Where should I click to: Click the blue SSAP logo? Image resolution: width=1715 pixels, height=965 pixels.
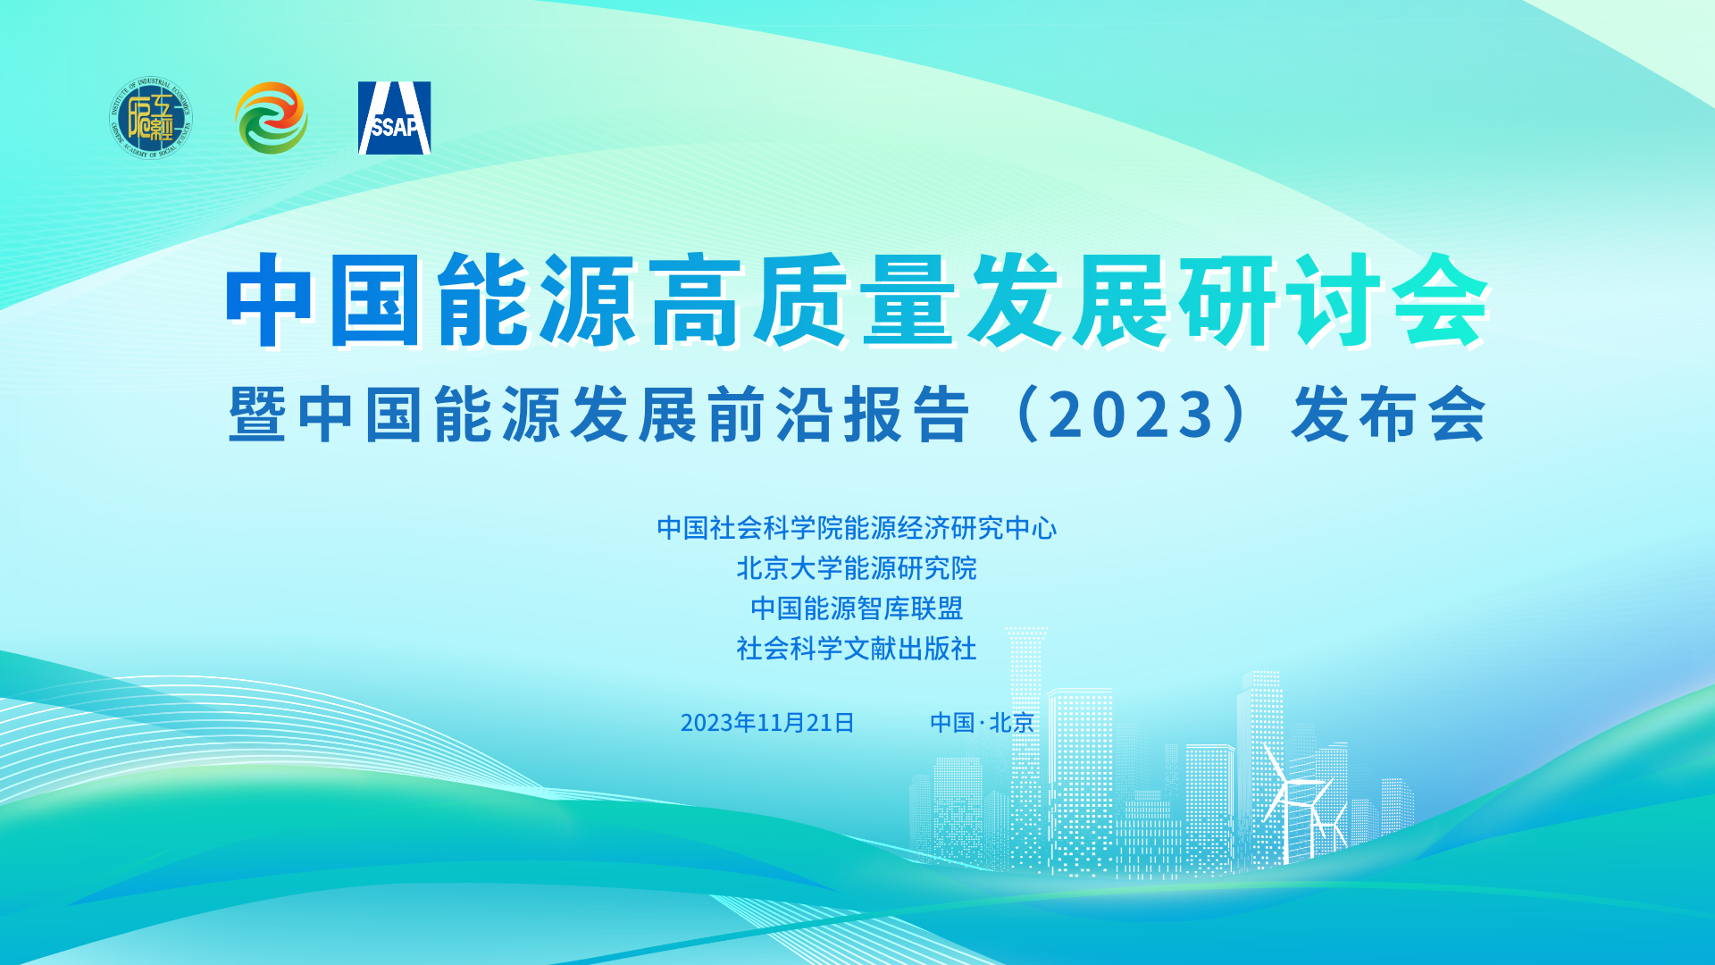(x=395, y=118)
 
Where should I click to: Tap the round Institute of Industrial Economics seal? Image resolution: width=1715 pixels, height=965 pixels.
(x=151, y=117)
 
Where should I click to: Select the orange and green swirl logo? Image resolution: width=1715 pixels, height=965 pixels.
(x=272, y=118)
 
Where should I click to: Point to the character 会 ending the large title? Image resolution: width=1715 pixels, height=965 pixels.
(x=1440, y=299)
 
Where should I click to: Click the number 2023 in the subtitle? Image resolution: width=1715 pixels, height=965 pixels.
(x=1131, y=415)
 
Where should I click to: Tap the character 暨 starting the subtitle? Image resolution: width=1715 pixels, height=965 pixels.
(x=257, y=415)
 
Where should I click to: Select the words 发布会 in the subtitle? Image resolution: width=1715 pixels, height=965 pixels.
(x=1388, y=415)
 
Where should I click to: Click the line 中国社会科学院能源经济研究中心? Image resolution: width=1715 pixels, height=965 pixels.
(x=857, y=528)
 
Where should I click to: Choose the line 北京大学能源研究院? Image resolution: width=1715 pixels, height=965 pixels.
(x=857, y=568)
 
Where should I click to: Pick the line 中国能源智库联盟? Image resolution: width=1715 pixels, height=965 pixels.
(x=857, y=608)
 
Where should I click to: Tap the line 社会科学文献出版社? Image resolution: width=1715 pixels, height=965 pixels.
(x=857, y=649)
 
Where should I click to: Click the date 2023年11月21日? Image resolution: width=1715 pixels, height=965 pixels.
(x=767, y=722)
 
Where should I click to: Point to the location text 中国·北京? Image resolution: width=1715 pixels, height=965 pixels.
(x=982, y=722)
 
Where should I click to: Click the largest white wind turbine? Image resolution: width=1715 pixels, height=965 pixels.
(x=1285, y=800)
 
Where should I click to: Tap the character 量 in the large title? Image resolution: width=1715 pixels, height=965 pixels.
(x=908, y=299)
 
